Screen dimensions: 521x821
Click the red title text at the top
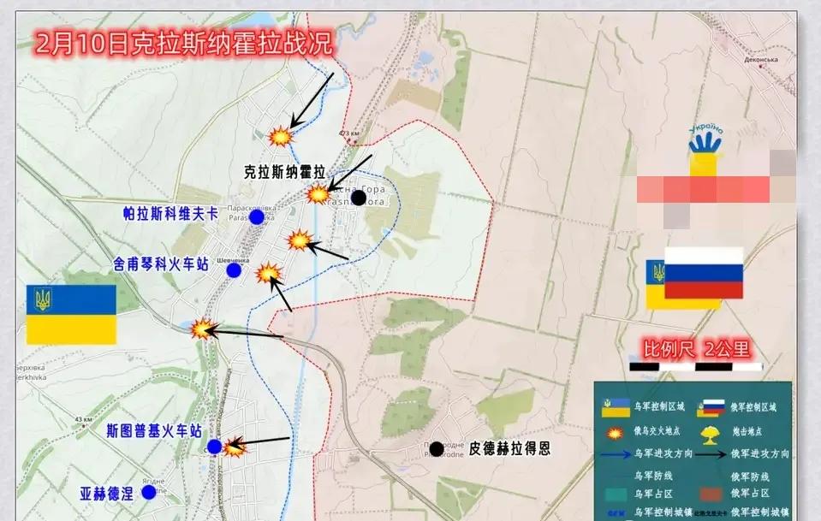tap(183, 44)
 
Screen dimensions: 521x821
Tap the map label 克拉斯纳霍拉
tap(286, 171)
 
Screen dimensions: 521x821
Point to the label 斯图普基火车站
tap(154, 430)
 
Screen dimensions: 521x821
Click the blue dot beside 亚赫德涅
tap(149, 492)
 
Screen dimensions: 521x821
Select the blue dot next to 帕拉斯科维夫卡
tap(256, 217)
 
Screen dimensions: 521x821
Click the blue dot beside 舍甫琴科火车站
tap(234, 270)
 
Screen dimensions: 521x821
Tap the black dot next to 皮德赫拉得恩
tap(437, 448)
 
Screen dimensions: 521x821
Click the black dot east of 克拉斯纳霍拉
tap(359, 198)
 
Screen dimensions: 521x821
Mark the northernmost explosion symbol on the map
tap(280, 136)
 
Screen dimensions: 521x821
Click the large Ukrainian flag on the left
tap(71, 314)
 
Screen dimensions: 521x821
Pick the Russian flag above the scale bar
tap(704, 273)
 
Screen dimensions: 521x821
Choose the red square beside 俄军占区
tap(709, 494)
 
